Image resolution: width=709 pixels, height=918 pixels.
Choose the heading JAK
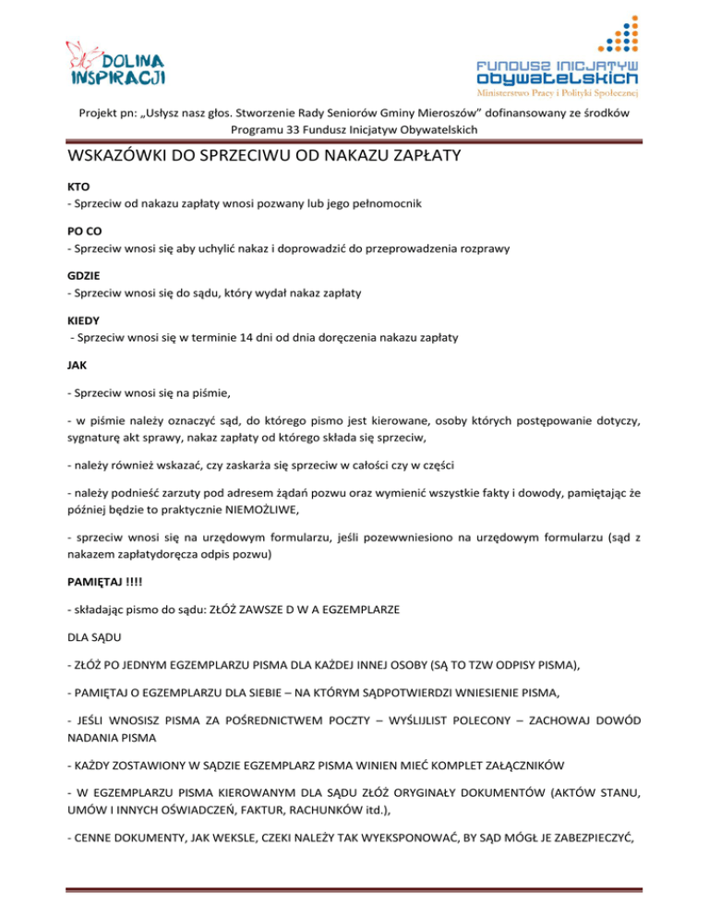78,366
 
